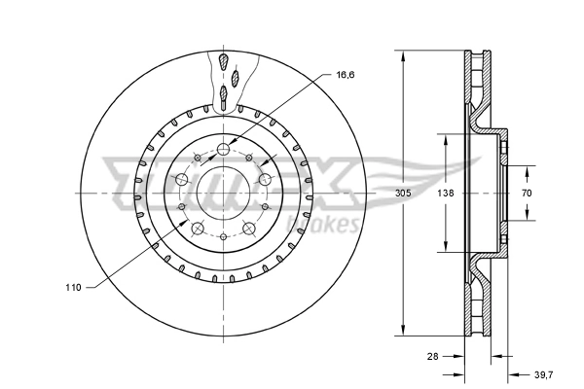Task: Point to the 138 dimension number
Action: [x=446, y=194]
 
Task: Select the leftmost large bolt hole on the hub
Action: [x=182, y=179]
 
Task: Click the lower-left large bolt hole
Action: [x=198, y=229]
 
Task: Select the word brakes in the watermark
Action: [x=334, y=227]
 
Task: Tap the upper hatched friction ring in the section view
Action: [x=477, y=88]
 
